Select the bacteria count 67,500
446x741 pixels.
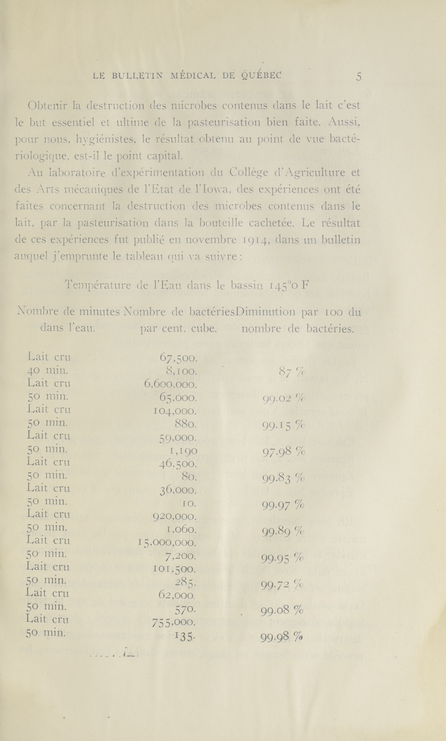point(178,358)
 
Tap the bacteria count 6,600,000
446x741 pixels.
point(171,384)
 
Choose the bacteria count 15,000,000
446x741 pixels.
point(167,543)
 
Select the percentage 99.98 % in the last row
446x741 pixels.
point(282,637)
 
